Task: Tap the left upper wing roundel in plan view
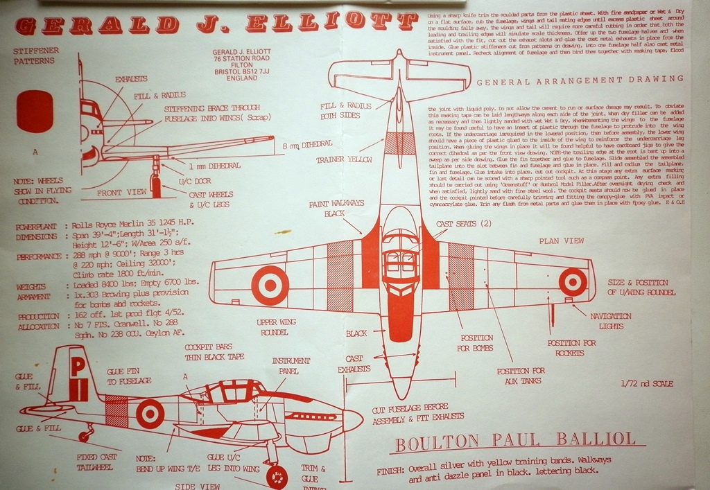[269, 285]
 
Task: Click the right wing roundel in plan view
[573, 282]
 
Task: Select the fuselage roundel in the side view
[150, 413]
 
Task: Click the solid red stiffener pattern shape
[35, 111]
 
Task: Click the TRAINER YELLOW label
[344, 160]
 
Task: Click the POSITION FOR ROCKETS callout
[571, 348]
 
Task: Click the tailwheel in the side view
[85, 437]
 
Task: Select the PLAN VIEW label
[561, 240]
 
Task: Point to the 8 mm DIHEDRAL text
[307, 145]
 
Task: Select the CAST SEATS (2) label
[464, 224]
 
